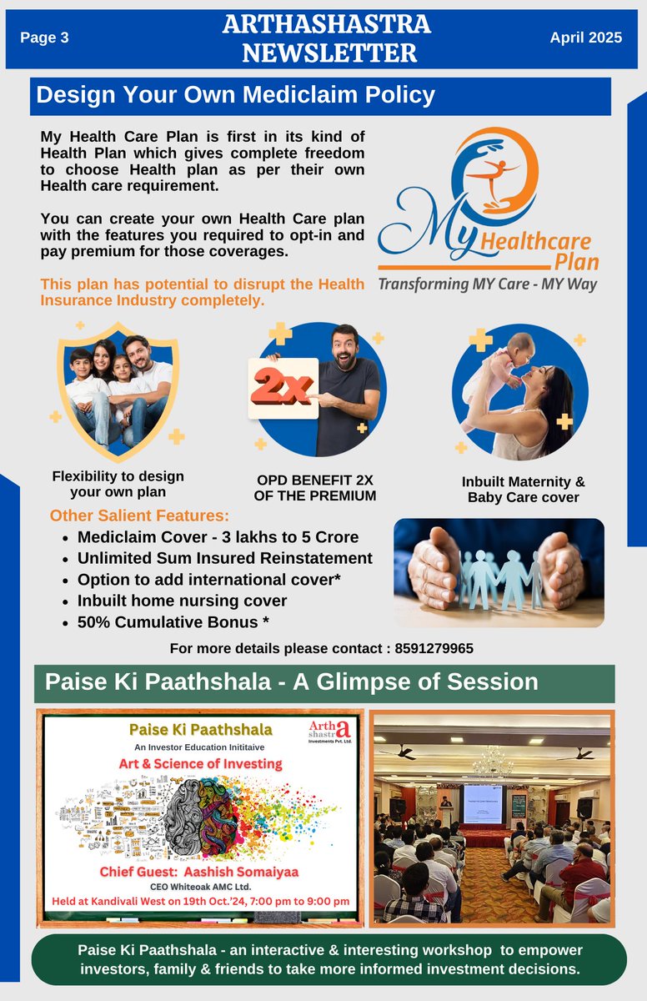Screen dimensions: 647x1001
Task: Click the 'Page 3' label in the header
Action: [44, 38]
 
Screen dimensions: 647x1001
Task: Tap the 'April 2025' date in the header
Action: [586, 38]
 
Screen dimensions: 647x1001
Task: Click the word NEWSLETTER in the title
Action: [329, 53]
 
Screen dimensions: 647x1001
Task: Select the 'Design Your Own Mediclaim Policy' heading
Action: [235, 95]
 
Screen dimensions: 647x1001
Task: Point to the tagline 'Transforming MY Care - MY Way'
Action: [488, 284]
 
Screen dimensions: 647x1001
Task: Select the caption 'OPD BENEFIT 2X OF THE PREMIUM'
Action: [315, 488]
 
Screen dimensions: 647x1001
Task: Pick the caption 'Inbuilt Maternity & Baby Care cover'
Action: [524, 490]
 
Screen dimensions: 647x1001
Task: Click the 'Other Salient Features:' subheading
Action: [139, 516]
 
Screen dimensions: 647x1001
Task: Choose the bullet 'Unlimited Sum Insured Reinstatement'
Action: [224, 558]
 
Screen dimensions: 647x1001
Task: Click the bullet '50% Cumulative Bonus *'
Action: [173, 622]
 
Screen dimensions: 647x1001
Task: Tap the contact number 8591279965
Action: [434, 648]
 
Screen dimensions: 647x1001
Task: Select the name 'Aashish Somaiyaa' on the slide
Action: [241, 872]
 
